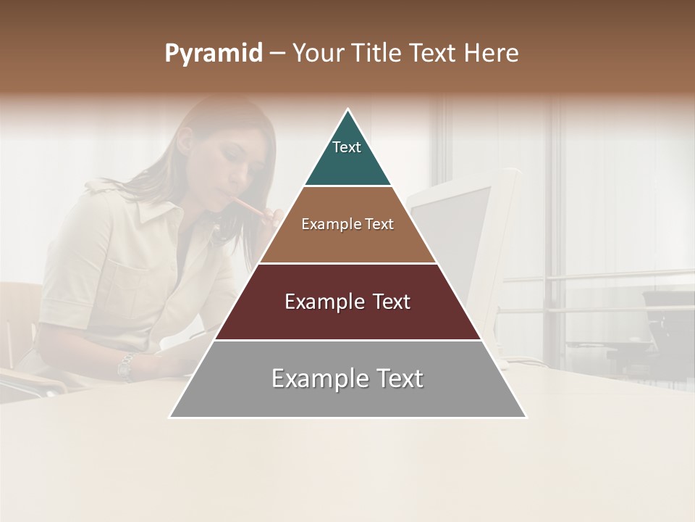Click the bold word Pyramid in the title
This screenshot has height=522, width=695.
214,54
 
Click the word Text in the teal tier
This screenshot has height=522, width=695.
346,147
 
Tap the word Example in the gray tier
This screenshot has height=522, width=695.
312,378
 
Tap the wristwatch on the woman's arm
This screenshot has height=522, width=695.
126,366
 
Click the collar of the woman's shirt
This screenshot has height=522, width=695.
156,210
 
